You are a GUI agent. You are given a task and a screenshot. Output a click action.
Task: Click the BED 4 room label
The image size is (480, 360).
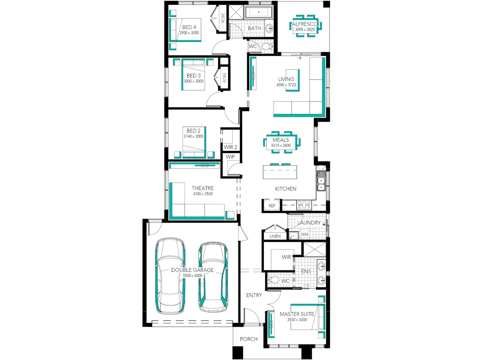point(189,27)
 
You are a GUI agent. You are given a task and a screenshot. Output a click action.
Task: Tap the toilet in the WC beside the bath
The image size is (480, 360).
point(268,46)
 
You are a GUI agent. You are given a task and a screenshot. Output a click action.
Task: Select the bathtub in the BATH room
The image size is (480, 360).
point(258,12)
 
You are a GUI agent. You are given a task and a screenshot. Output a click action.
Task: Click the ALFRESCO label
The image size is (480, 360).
point(305,24)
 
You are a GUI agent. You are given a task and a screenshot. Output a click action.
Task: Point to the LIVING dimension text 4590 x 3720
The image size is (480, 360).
point(286,85)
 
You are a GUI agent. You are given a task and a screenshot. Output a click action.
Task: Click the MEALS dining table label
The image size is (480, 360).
point(281,140)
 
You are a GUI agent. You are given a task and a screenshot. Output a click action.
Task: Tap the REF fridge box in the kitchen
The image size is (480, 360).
point(272,206)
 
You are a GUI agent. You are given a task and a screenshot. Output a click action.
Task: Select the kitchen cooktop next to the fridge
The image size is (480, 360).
point(304,205)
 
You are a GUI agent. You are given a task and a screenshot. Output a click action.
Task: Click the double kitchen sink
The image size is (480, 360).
point(321,184)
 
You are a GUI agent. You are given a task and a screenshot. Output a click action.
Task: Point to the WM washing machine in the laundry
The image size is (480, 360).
point(305,234)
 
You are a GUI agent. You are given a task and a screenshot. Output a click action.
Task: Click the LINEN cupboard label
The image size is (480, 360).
point(275,236)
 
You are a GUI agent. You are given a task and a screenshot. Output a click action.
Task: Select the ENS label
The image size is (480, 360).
point(306,272)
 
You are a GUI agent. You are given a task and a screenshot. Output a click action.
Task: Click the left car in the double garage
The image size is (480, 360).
point(170,276)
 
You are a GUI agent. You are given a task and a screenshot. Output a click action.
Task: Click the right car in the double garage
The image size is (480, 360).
point(213,277)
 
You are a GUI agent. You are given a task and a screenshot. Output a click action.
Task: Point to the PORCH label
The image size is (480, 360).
point(249,339)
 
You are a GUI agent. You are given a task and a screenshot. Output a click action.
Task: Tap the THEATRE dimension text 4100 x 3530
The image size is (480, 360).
point(203,194)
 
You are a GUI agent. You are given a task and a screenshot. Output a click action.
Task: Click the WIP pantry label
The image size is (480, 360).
point(230,157)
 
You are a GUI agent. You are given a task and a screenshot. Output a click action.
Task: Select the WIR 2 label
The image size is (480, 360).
point(230,147)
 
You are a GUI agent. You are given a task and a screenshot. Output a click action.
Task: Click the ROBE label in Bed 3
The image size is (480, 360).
point(224,77)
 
